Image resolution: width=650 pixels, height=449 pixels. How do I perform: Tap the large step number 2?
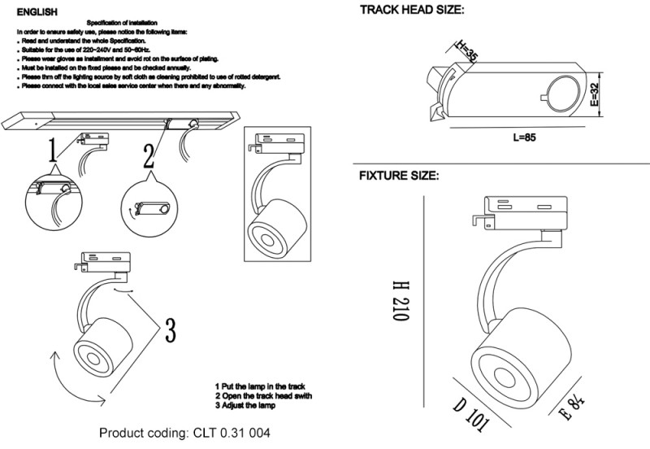tap(149, 156)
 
